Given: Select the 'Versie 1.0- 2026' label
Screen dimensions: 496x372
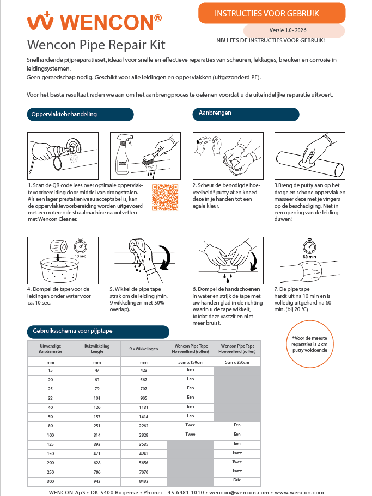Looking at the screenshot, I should click(294, 31).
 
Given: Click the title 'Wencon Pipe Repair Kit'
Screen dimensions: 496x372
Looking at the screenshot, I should click(96, 44).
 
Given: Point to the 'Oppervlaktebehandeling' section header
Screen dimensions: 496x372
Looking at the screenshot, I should click(80, 114).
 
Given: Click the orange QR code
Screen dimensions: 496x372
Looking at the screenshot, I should click(165, 197).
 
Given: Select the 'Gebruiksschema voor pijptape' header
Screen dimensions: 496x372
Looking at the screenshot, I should click(97, 331).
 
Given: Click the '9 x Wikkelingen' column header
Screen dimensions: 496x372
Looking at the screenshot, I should click(144, 349).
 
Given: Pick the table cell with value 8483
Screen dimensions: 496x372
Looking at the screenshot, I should click(144, 481).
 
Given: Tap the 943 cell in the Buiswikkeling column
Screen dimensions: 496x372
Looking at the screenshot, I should click(97, 481).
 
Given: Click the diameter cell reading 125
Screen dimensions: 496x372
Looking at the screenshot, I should click(50, 444).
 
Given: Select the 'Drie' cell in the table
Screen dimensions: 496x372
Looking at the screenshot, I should click(237, 480).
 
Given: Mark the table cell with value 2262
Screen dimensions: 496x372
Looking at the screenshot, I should click(144, 425).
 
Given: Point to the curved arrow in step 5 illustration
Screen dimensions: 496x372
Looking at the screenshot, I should click(162, 256).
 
